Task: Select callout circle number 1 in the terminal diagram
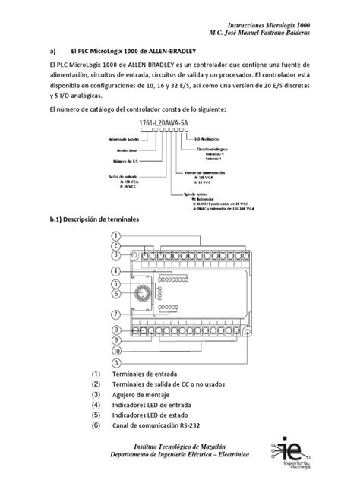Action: tap(115, 236)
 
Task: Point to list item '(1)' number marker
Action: tap(95, 375)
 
